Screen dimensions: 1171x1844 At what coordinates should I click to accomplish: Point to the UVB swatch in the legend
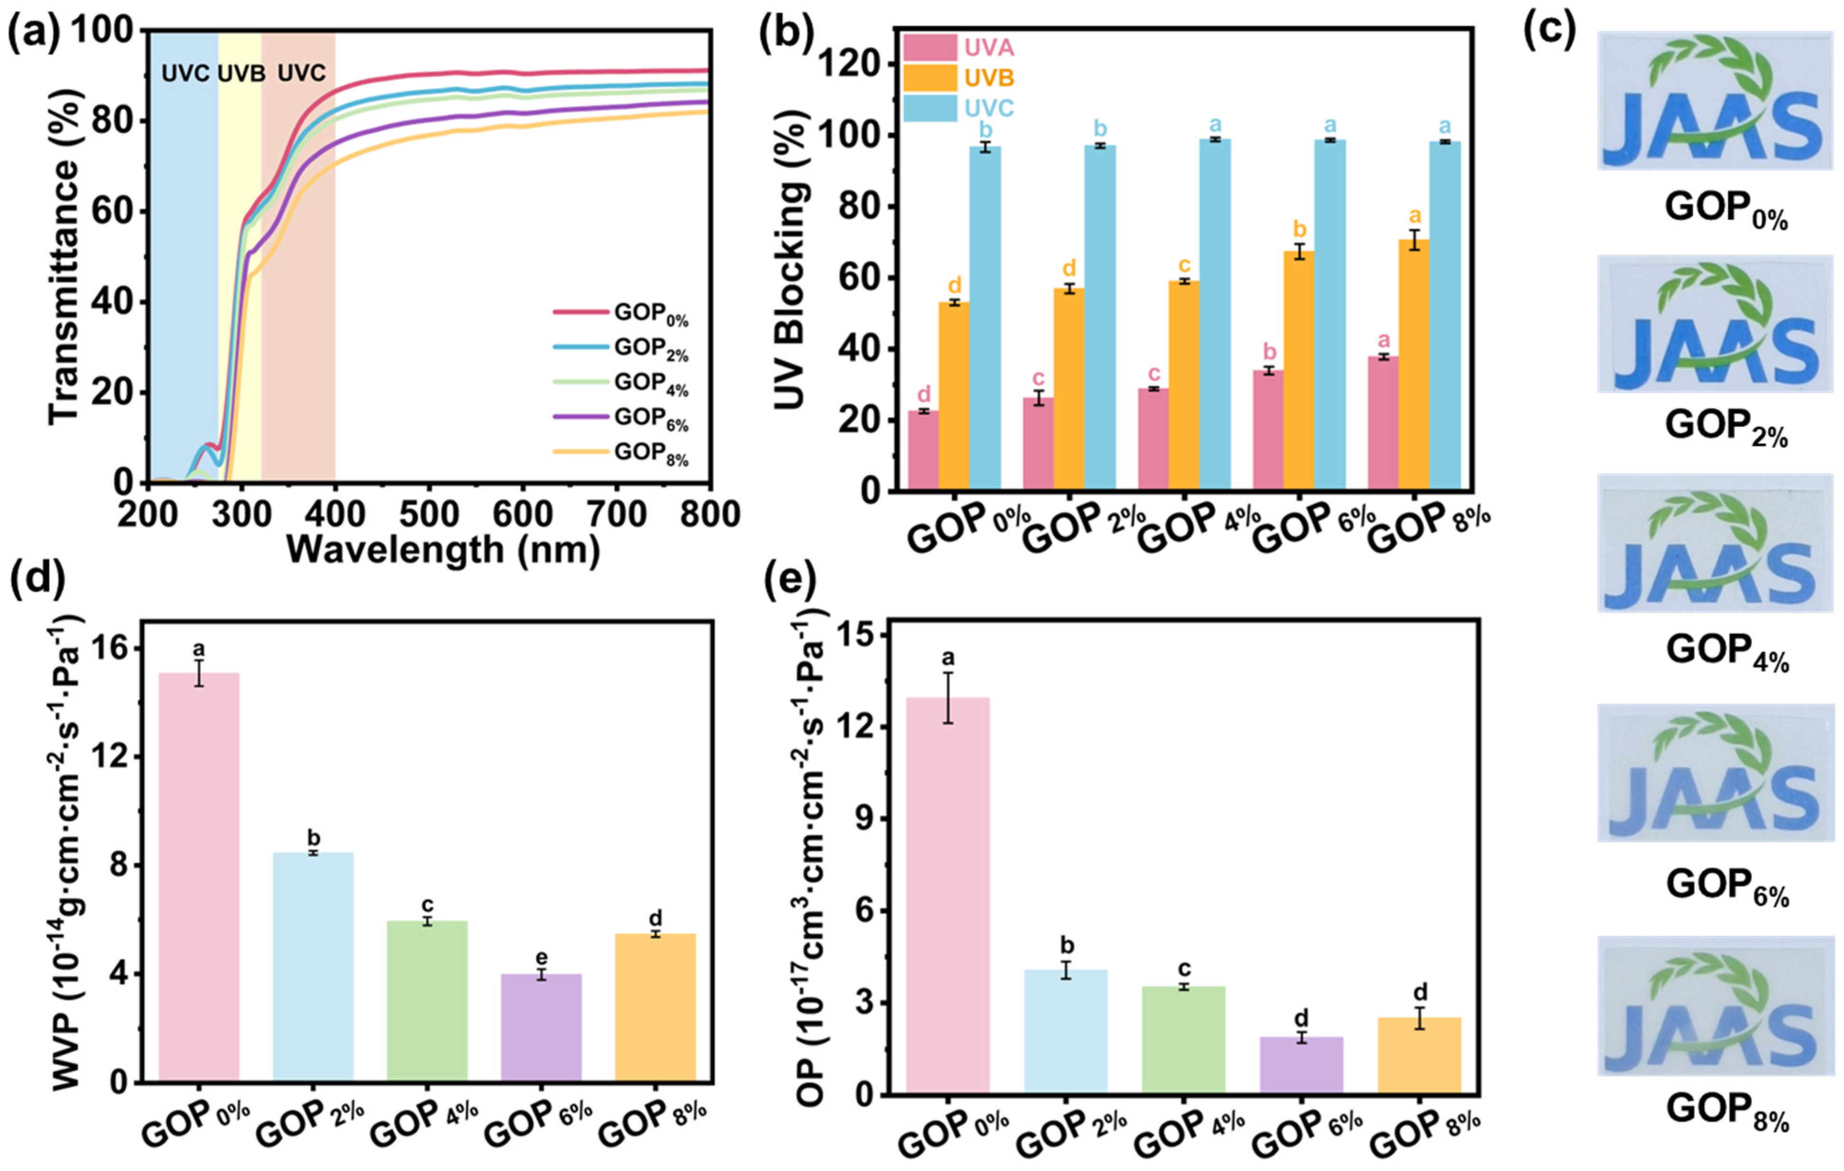pos(930,77)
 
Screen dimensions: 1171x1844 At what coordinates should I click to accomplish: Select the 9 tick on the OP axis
pos(867,819)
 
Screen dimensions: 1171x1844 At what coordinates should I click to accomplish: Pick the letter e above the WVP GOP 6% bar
pos(541,958)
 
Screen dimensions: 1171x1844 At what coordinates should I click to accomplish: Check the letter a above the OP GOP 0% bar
pos(947,658)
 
